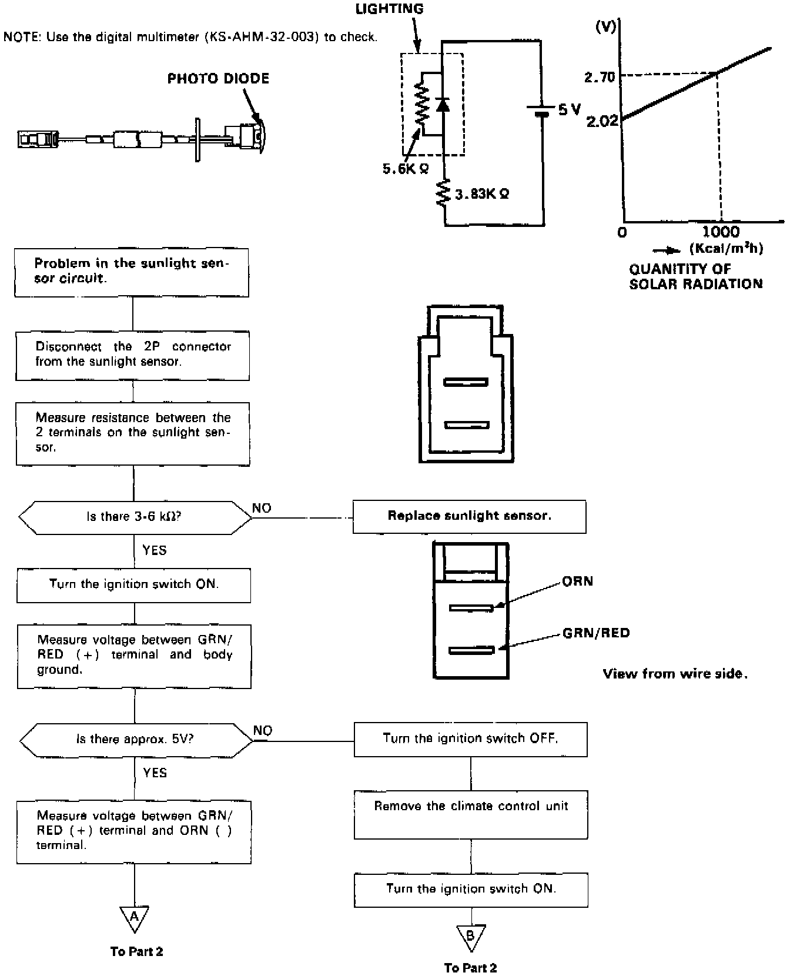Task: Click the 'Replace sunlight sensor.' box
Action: [469, 517]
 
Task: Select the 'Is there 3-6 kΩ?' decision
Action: [135, 517]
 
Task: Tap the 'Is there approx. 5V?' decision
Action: [136, 740]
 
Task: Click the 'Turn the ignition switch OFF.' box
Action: [470, 739]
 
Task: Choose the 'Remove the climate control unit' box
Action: [471, 814]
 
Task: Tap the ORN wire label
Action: [578, 581]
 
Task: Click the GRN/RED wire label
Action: [596, 633]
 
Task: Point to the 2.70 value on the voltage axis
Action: [600, 77]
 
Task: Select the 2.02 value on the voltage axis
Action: [602, 121]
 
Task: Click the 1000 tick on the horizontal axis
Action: [721, 231]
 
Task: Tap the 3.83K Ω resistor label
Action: [482, 193]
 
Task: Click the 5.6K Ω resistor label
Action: [406, 169]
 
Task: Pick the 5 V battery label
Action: [569, 109]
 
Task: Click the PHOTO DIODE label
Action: [218, 79]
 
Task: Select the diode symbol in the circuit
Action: [443, 105]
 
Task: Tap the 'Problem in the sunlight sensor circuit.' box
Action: [132, 272]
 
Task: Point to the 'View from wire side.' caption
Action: [675, 674]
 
